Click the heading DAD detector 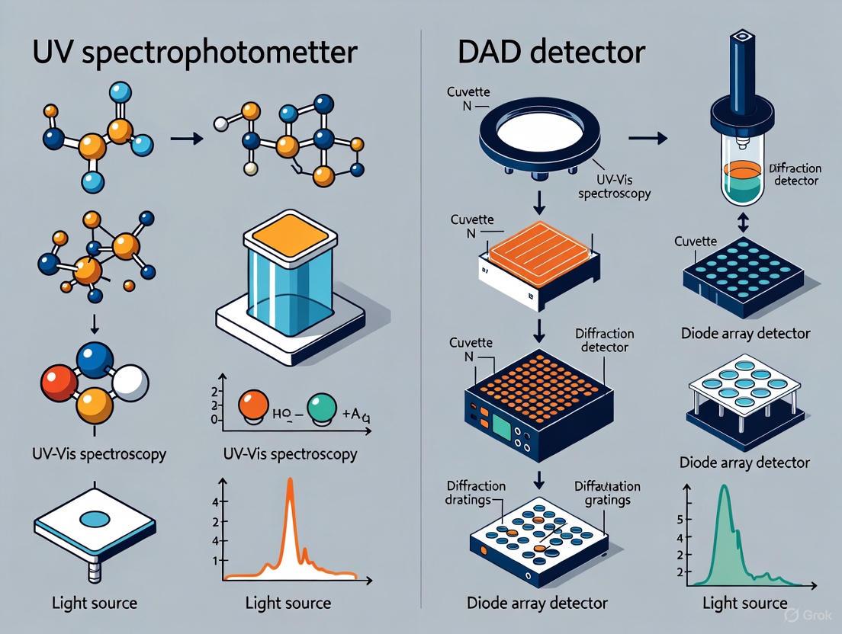point(551,53)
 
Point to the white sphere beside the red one point(129,382)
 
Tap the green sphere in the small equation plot point(321,408)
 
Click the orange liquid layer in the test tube point(739,172)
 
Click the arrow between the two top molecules point(186,139)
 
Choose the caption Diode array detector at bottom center point(537,603)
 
